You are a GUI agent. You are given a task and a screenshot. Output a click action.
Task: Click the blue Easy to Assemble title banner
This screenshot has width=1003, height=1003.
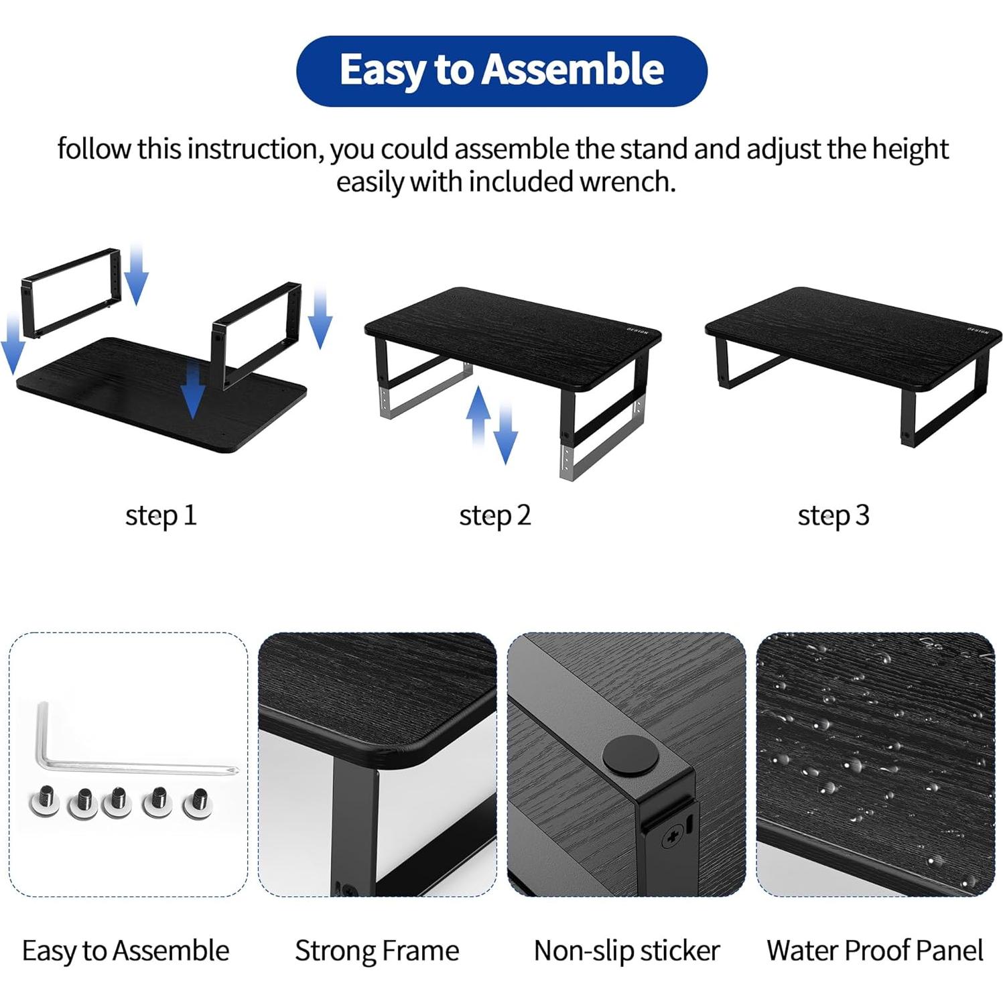[501, 70]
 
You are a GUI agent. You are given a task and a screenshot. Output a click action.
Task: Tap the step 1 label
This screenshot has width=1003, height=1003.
[161, 515]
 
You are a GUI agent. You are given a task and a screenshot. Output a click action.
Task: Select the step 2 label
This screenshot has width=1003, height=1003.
[494, 515]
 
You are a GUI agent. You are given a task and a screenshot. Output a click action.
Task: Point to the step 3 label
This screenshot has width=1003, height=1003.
[833, 515]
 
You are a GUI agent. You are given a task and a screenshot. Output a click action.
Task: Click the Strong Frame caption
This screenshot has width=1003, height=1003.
[377, 950]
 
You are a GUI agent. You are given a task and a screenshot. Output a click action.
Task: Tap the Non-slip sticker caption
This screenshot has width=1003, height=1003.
[626, 950]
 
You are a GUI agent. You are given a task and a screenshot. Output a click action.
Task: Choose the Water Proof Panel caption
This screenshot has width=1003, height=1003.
[874, 950]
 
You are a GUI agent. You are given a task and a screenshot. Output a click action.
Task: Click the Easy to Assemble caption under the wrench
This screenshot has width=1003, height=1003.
[125, 950]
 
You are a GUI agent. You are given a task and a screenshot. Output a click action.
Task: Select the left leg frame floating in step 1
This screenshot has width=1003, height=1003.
[71, 292]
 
